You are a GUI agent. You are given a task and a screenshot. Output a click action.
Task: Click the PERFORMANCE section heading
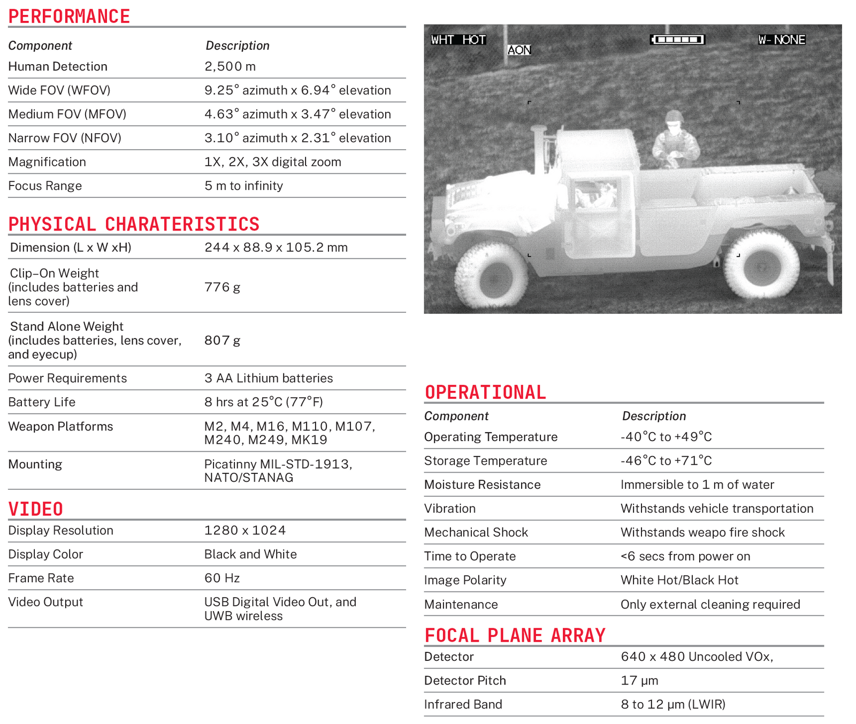(69, 17)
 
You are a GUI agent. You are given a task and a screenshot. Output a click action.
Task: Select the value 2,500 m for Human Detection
(230, 66)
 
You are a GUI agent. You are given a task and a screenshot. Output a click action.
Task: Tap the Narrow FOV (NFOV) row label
(65, 138)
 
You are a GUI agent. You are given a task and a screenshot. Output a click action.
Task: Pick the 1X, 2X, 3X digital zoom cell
(273, 162)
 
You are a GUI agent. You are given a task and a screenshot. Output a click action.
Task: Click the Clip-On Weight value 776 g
(222, 287)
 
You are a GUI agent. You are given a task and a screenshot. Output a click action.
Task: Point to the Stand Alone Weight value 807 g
(222, 340)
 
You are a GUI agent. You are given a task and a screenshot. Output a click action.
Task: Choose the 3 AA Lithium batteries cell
(269, 378)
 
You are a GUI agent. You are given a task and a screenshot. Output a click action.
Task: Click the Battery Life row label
(42, 402)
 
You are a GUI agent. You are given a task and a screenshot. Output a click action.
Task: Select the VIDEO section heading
(36, 509)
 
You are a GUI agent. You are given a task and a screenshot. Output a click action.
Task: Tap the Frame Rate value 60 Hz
(222, 578)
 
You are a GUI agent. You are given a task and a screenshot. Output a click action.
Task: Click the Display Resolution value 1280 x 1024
(245, 530)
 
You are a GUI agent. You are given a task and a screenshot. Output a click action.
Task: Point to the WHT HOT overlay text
(458, 40)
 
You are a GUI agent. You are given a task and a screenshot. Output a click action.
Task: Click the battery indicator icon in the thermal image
(677, 40)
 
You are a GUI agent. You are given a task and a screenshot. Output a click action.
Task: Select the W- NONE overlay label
(782, 40)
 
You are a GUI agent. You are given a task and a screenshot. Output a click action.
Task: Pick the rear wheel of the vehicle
(761, 265)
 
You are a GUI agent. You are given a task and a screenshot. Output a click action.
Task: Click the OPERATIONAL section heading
(485, 392)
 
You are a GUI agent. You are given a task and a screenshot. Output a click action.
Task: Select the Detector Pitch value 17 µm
(639, 681)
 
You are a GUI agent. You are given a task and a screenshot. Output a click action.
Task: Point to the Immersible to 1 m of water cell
(697, 485)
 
